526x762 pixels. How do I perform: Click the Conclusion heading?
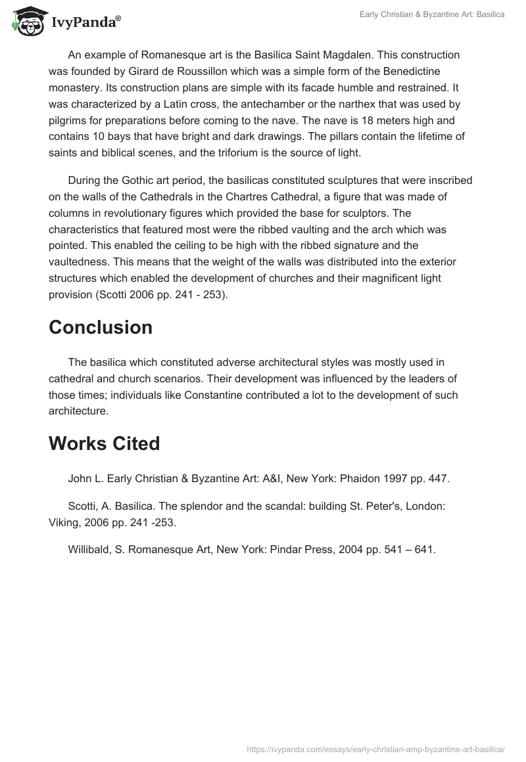click(101, 327)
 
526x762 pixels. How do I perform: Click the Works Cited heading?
click(104, 444)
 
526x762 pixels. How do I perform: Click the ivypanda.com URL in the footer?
click(375, 749)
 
